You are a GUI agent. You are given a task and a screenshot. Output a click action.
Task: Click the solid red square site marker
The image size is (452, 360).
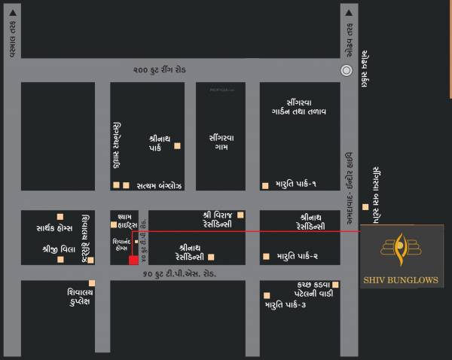pos(133,261)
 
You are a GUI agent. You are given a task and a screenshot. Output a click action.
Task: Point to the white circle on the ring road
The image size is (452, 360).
pos(347,70)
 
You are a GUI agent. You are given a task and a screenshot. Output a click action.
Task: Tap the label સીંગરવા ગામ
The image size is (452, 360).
pos(222,143)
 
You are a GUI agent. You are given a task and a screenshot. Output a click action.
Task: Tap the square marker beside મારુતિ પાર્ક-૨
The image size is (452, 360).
pos(265,256)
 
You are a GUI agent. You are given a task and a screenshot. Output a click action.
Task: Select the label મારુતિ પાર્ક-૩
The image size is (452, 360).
pos(286,305)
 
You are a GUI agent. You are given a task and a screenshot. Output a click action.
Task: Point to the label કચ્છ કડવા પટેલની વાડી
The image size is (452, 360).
pos(305,288)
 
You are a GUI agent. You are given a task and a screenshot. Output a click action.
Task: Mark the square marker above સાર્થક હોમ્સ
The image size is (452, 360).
pos(60,215)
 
